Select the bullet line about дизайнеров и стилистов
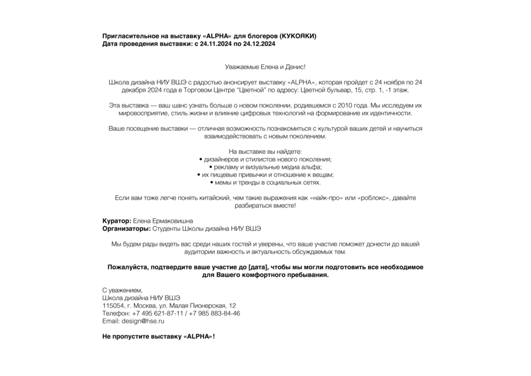click(265, 159)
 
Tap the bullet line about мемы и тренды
click(265, 182)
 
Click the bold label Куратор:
click(117, 220)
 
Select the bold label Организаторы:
click(126, 228)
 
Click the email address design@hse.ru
click(143, 321)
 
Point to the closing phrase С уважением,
click(123, 290)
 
